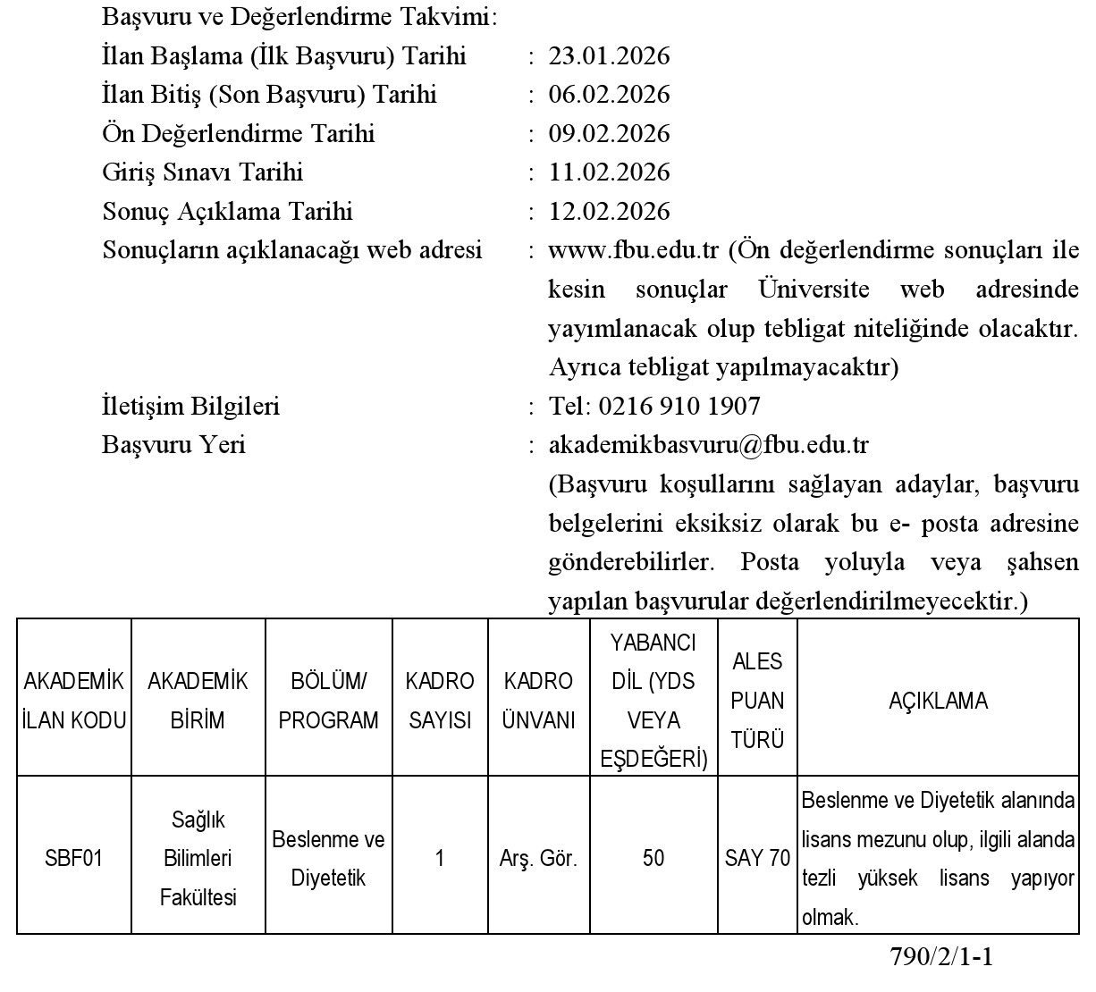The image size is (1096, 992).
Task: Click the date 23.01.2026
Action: tap(609, 56)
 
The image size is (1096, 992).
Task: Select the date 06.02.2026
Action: tap(609, 95)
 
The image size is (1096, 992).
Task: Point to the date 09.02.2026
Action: tap(609, 134)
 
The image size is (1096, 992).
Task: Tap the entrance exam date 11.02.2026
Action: tap(609, 172)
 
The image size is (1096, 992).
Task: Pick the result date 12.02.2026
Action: tap(609, 212)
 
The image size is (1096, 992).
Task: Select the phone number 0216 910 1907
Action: tap(679, 407)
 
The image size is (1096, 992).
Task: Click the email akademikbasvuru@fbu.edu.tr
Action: tap(708, 445)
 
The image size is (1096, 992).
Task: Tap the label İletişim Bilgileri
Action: tap(191, 407)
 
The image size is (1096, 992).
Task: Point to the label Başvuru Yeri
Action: tap(174, 445)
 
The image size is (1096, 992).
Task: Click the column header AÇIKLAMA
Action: tap(938, 701)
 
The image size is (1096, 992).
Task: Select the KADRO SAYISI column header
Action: tap(440, 701)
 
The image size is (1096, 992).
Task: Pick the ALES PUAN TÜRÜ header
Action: tap(757, 701)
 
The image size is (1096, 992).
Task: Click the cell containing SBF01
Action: tap(74, 859)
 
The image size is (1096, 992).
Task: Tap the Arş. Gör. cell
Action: tap(538, 859)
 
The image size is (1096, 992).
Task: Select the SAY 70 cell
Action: tap(757, 859)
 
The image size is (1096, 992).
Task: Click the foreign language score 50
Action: tap(653, 859)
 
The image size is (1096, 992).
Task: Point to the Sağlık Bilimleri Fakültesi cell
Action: tap(198, 859)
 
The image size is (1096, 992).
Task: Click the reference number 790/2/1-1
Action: tap(941, 957)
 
